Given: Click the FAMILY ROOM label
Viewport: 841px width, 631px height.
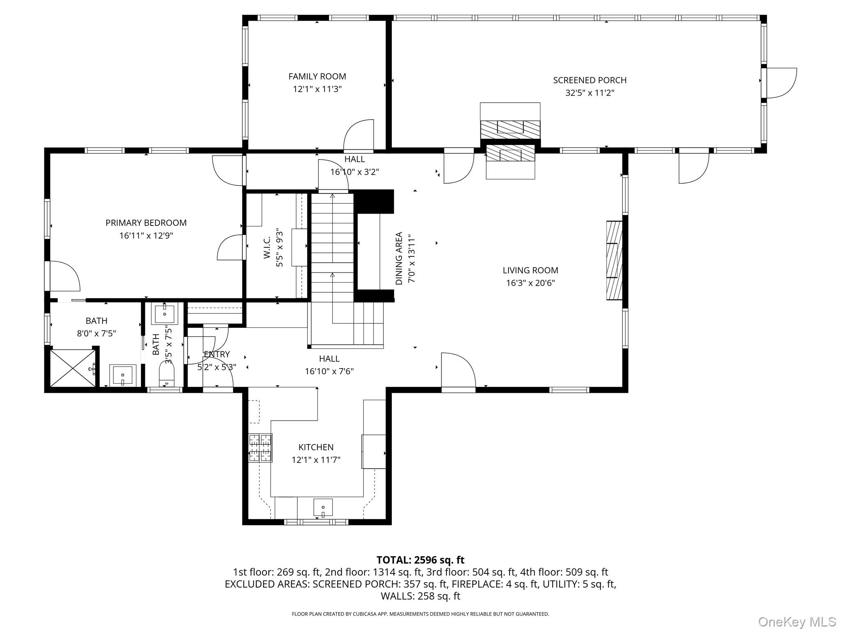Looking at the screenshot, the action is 317,76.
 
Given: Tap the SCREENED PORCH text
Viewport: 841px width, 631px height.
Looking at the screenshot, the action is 590,80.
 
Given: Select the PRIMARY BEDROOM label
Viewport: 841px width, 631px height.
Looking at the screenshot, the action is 146,223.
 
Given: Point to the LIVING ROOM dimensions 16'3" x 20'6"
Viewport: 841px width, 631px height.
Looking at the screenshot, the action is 531,283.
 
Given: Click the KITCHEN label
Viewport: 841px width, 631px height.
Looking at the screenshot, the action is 316,447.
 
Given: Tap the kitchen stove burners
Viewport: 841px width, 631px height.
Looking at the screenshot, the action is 260,448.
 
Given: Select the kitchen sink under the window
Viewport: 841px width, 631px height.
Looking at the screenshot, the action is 323,507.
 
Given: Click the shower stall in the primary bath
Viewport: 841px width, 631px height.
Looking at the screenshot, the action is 73,368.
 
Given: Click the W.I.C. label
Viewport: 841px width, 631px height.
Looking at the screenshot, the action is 267,247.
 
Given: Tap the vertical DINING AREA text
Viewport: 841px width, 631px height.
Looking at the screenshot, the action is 399,258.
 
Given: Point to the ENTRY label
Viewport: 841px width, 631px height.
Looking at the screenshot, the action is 217,354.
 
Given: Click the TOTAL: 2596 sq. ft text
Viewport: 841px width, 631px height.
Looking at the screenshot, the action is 420,560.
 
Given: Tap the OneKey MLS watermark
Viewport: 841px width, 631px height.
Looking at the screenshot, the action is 797,622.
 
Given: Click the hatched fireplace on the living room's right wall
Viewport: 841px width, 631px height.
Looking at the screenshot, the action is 614,260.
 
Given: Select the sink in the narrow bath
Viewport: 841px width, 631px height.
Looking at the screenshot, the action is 164,314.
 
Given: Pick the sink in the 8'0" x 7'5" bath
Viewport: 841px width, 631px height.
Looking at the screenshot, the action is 122,375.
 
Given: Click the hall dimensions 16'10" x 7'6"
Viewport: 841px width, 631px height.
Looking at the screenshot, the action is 329,371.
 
